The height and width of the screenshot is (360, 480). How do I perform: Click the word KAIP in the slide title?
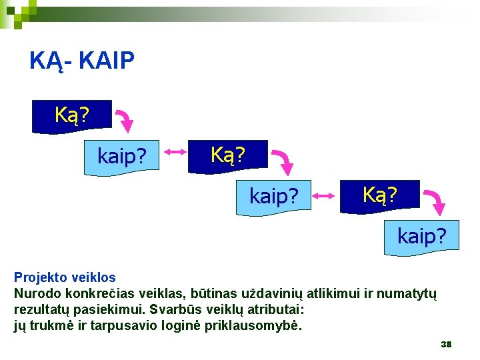(x=107, y=61)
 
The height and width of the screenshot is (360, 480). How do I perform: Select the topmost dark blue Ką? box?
(x=73, y=115)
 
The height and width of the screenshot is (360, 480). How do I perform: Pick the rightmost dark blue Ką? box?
(x=380, y=195)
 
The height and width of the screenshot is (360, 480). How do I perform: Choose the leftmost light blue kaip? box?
(x=122, y=157)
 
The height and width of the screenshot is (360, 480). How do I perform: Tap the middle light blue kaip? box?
(x=274, y=197)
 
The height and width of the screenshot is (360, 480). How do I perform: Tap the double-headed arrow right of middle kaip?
(x=326, y=195)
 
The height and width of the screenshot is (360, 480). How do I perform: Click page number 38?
(x=446, y=344)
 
